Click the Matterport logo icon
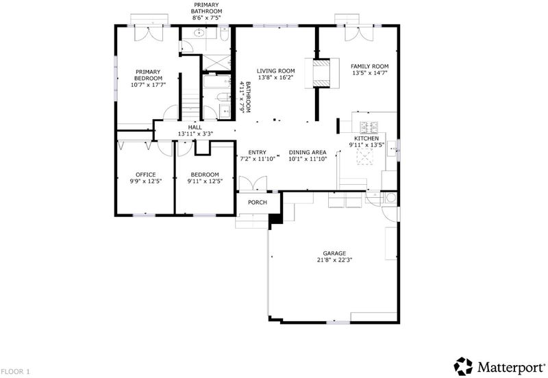click(x=463, y=366)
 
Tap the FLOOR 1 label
click(x=15, y=372)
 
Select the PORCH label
click(x=258, y=202)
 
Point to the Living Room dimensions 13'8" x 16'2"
click(x=276, y=77)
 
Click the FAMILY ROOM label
click(x=370, y=66)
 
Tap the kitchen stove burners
click(x=369, y=127)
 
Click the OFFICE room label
click(x=146, y=175)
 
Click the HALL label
click(x=195, y=127)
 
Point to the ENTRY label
click(x=258, y=152)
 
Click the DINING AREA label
click(x=308, y=152)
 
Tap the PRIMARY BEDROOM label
click(x=148, y=75)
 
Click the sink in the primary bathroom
click(x=199, y=33)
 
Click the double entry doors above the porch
click(x=253, y=184)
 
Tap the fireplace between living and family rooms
click(x=321, y=73)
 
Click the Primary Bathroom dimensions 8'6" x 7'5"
click(x=206, y=18)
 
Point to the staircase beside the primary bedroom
click(x=190, y=105)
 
